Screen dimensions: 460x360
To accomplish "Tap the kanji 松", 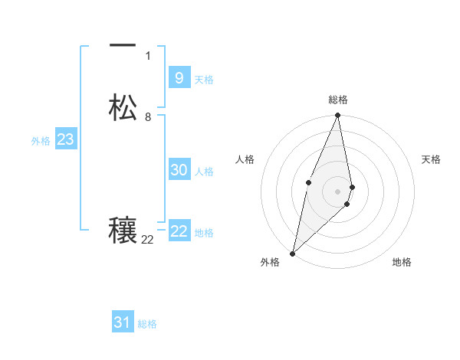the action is (123, 107).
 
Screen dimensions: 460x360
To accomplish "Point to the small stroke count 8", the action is (148, 117).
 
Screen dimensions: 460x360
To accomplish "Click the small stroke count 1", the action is (148, 55).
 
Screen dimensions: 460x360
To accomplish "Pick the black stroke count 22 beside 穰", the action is (147, 240).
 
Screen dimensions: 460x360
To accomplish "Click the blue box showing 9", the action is (179, 77).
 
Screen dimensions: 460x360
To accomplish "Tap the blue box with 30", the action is (179, 170).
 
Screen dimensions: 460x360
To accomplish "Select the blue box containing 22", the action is (179, 231).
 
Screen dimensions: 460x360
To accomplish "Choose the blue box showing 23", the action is (65, 139).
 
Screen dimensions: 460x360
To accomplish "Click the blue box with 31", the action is (122, 322).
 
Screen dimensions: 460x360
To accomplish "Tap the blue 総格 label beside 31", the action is (147, 324).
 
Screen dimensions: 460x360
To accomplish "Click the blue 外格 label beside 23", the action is (41, 141).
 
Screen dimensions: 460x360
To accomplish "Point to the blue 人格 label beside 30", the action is (205, 172).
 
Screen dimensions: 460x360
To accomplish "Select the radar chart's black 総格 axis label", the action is (338, 100).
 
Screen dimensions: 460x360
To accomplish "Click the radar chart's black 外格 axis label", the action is (270, 262).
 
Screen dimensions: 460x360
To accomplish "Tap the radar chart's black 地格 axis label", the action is (402, 262).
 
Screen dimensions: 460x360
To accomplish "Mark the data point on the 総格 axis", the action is (337, 116).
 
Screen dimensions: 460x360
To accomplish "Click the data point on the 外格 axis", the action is (292, 253).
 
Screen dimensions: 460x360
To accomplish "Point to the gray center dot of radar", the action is (337, 191).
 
